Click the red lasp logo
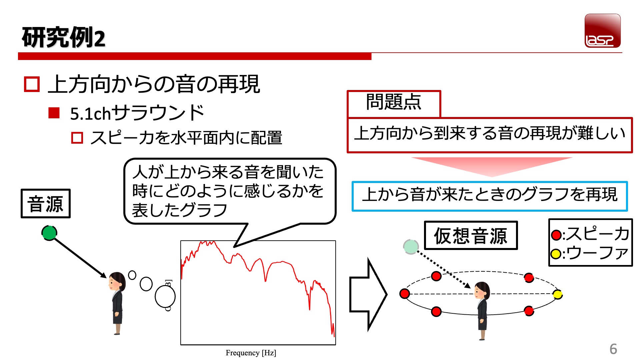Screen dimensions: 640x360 click(602, 31)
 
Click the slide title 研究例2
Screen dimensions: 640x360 click(63, 37)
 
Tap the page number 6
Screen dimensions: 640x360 click(613, 349)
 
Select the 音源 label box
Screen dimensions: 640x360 click(46, 203)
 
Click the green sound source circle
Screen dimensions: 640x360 click(49, 233)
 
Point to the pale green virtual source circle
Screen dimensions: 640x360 click(411, 247)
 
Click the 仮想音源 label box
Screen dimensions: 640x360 click(471, 235)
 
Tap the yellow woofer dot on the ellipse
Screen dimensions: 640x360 click(557, 294)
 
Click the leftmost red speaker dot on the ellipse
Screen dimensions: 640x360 click(405, 294)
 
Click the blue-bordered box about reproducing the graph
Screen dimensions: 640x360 click(490, 196)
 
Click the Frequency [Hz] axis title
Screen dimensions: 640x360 click(251, 353)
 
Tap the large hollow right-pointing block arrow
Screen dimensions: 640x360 click(368, 294)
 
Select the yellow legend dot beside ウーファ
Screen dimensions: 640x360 click(556, 254)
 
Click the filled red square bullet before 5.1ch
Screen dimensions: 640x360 click(54, 113)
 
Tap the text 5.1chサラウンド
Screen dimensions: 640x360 click(137, 113)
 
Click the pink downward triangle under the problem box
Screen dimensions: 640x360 click(492, 167)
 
